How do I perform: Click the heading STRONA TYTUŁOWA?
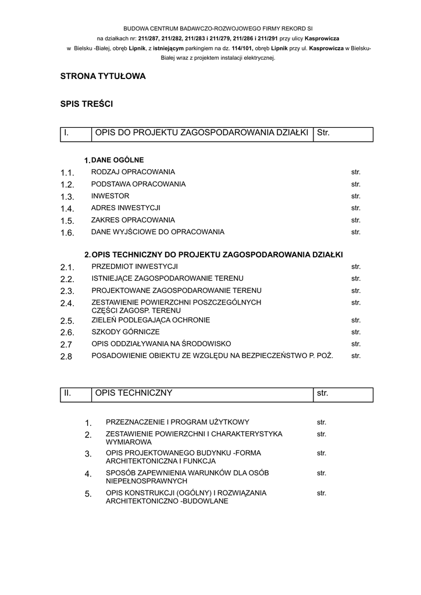103,76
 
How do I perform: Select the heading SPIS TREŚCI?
87,104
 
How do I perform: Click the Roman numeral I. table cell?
76,134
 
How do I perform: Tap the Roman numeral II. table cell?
76,394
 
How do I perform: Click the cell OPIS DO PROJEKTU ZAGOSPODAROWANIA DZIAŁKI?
201,134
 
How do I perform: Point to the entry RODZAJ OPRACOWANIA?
133,172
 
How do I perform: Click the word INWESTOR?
110,196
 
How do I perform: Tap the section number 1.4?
67,209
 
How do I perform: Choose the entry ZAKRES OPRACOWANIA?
133,220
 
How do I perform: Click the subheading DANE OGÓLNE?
117,160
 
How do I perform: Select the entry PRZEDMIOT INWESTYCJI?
134,267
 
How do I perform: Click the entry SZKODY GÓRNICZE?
126,332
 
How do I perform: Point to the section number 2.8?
66,356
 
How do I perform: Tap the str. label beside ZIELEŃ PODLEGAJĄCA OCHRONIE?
356,320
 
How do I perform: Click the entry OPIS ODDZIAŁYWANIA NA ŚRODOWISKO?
162,344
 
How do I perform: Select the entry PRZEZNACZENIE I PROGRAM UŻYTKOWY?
177,422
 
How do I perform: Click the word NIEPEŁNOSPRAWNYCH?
146,482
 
